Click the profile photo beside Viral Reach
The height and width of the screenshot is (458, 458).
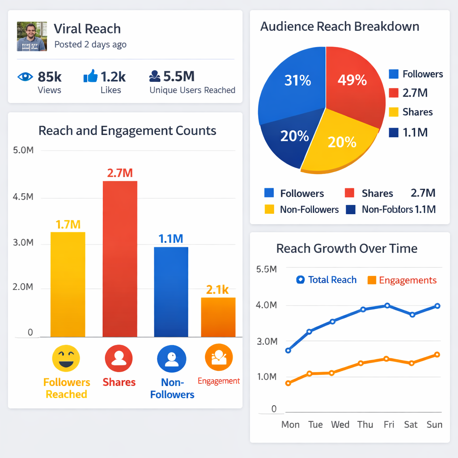32,36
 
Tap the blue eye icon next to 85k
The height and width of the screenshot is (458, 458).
25,76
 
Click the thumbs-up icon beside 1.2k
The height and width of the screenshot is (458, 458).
90,76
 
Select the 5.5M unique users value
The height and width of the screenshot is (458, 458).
178,76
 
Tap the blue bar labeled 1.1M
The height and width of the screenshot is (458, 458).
171,292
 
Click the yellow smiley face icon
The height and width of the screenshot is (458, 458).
66,359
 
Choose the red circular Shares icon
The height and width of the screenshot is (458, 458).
119,359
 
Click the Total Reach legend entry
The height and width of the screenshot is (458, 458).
327,280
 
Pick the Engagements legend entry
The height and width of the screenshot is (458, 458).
402,280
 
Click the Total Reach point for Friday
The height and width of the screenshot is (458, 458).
387,306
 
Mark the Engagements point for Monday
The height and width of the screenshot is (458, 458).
288,383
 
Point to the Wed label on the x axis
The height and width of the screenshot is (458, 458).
340,424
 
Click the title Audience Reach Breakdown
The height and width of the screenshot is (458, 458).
340,26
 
